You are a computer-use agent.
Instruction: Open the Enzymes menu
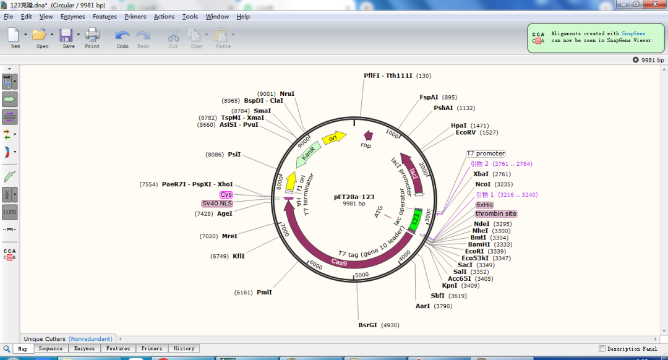pyautogui.click(x=73, y=17)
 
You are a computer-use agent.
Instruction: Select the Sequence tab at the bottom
pyautogui.click(x=51, y=349)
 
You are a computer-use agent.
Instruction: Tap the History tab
pyautogui.click(x=184, y=349)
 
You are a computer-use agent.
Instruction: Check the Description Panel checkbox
pyautogui.click(x=602, y=349)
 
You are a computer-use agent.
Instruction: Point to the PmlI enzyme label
pyautogui.click(x=264, y=292)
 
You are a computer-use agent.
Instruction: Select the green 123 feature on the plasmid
pyautogui.click(x=416, y=218)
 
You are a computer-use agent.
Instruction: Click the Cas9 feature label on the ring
pyautogui.click(x=339, y=262)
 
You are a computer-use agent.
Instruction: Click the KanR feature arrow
pyautogui.click(x=309, y=155)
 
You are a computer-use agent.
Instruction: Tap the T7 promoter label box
pyautogui.click(x=486, y=153)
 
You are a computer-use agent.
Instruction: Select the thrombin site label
pyautogui.click(x=495, y=214)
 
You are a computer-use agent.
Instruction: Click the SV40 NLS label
pyautogui.click(x=217, y=204)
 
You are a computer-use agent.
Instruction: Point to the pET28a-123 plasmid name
pyautogui.click(x=354, y=197)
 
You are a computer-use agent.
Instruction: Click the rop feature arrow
pyautogui.click(x=368, y=135)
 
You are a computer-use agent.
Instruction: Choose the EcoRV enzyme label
pyautogui.click(x=466, y=132)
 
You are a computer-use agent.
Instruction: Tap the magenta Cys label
pyautogui.click(x=226, y=195)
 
